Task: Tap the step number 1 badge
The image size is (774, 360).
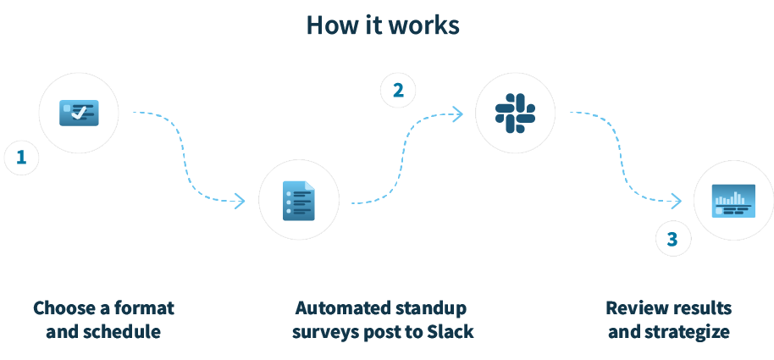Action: (21, 158)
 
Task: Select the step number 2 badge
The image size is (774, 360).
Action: (397, 90)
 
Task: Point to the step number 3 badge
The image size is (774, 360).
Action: (672, 240)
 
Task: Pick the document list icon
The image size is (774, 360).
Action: (298, 201)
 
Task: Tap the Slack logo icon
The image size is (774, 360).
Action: (515, 113)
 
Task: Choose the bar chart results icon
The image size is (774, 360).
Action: (733, 201)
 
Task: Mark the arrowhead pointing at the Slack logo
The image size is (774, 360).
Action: (457, 114)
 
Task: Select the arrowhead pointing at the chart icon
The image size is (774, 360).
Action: (676, 201)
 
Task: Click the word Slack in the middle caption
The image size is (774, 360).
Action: (451, 331)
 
